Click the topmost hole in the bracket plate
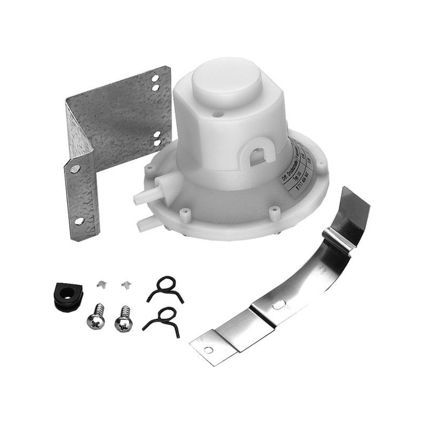click(x=156, y=79)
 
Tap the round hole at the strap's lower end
click(x=209, y=350)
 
